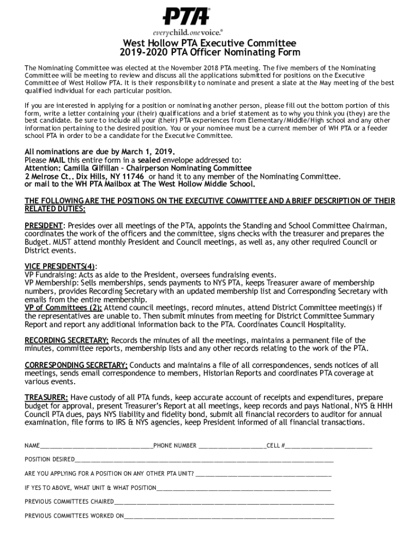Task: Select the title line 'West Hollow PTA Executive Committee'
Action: click(209, 44)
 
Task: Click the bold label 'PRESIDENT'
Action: click(44, 226)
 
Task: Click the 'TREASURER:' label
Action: click(46, 398)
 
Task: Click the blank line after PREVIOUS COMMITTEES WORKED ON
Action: click(229, 516)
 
